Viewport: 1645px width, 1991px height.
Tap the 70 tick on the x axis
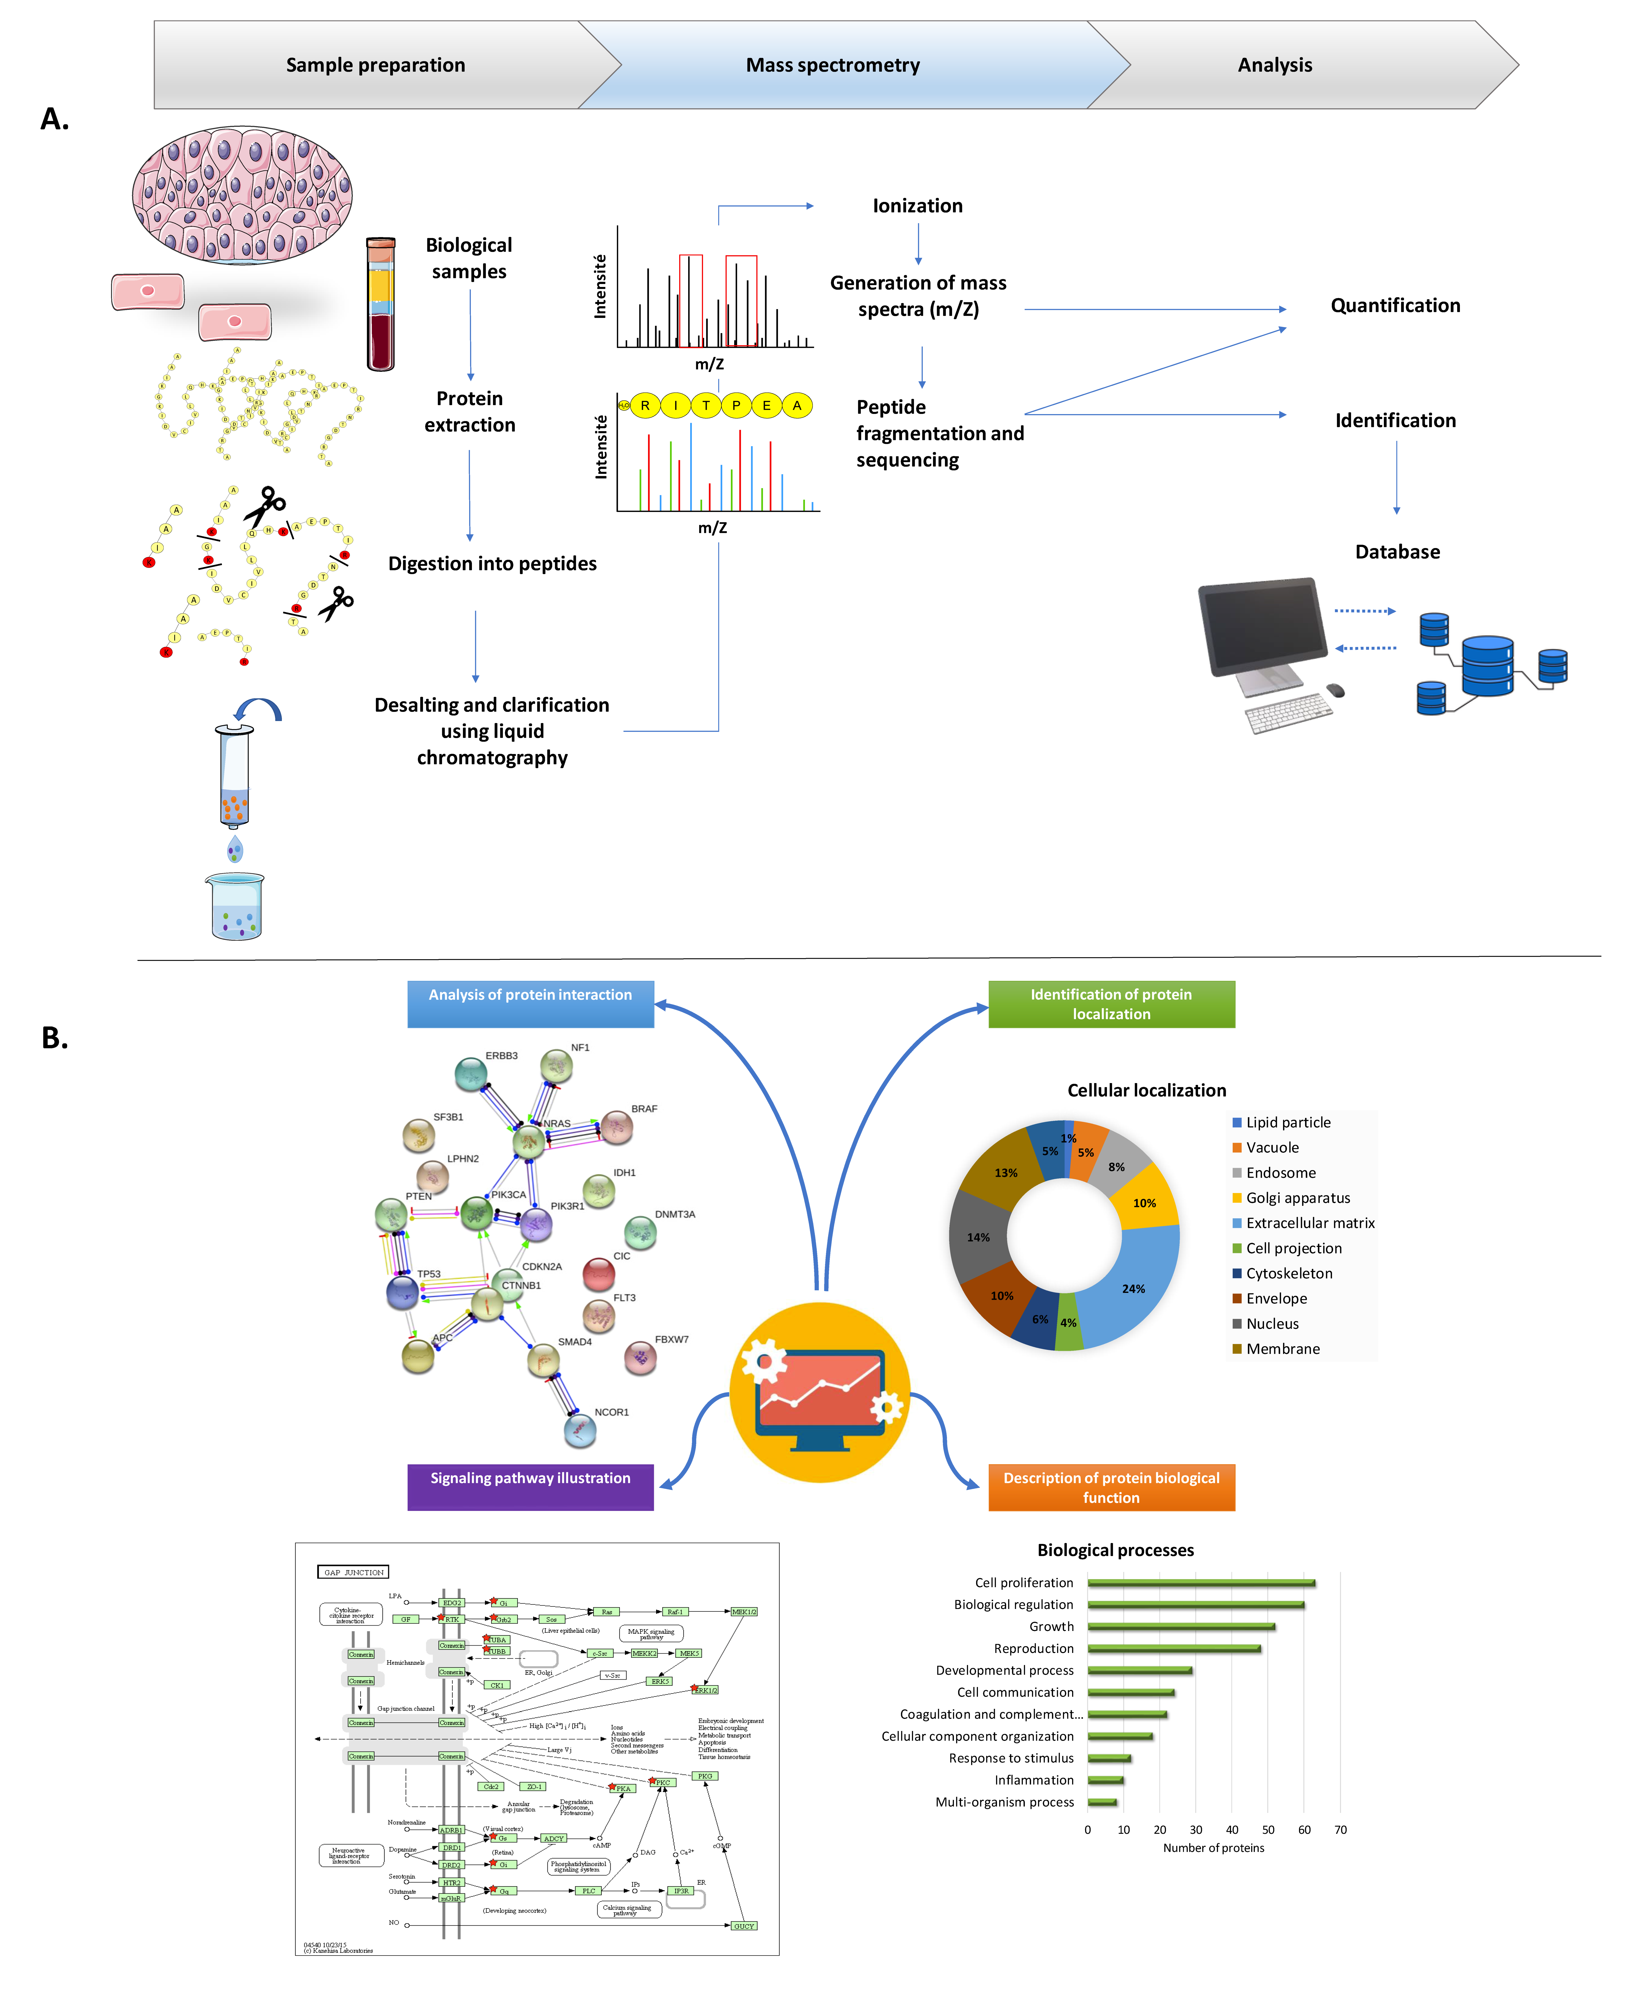pos(1340,1829)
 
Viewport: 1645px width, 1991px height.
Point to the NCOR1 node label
pos(611,1411)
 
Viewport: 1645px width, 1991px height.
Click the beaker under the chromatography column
pos(235,907)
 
